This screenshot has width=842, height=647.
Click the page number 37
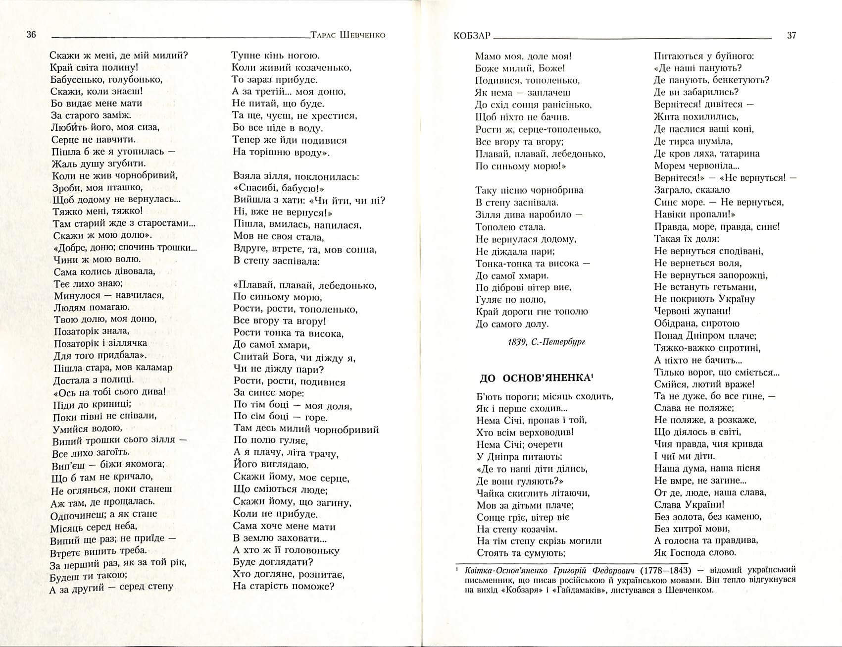tap(791, 35)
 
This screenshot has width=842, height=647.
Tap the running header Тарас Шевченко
tap(347, 35)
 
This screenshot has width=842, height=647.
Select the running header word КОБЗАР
tap(471, 35)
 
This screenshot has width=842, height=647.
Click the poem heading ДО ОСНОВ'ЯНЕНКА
tap(536, 378)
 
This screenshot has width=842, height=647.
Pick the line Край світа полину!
tap(94, 67)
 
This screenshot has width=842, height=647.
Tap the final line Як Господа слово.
tap(695, 552)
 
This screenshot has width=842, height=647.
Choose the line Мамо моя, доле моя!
tap(523, 56)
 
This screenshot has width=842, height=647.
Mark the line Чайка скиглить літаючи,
tap(533, 493)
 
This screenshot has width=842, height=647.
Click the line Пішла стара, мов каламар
tap(113, 368)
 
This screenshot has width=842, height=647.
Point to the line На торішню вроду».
tap(281, 152)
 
